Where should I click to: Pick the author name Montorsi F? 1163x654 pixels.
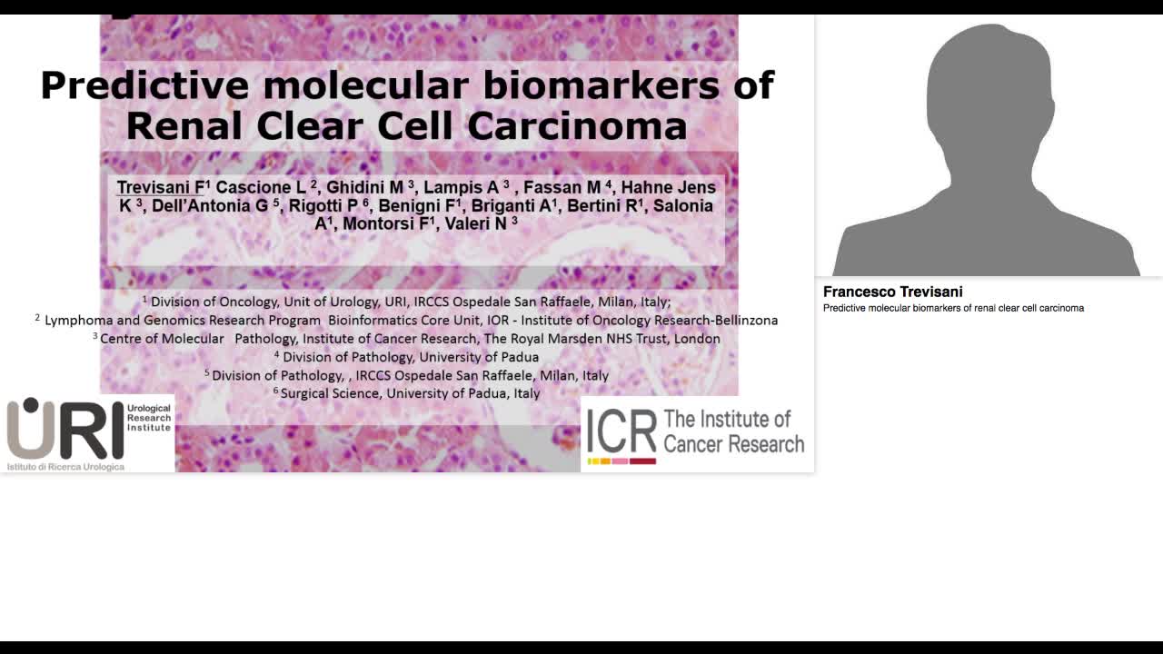click(x=385, y=223)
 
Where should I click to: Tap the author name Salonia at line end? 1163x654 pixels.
click(x=683, y=206)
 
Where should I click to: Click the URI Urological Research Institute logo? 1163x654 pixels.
click(x=88, y=433)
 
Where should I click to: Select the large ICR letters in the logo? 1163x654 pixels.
click(x=621, y=431)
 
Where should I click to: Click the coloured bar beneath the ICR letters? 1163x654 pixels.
click(x=621, y=461)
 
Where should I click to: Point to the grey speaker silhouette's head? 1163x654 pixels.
click(x=989, y=91)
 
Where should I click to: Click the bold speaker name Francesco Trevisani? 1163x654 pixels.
click(x=892, y=292)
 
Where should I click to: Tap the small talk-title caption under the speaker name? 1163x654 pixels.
click(x=953, y=308)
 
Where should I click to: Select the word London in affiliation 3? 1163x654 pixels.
click(x=697, y=339)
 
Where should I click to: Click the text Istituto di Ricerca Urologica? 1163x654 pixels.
click(x=65, y=466)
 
